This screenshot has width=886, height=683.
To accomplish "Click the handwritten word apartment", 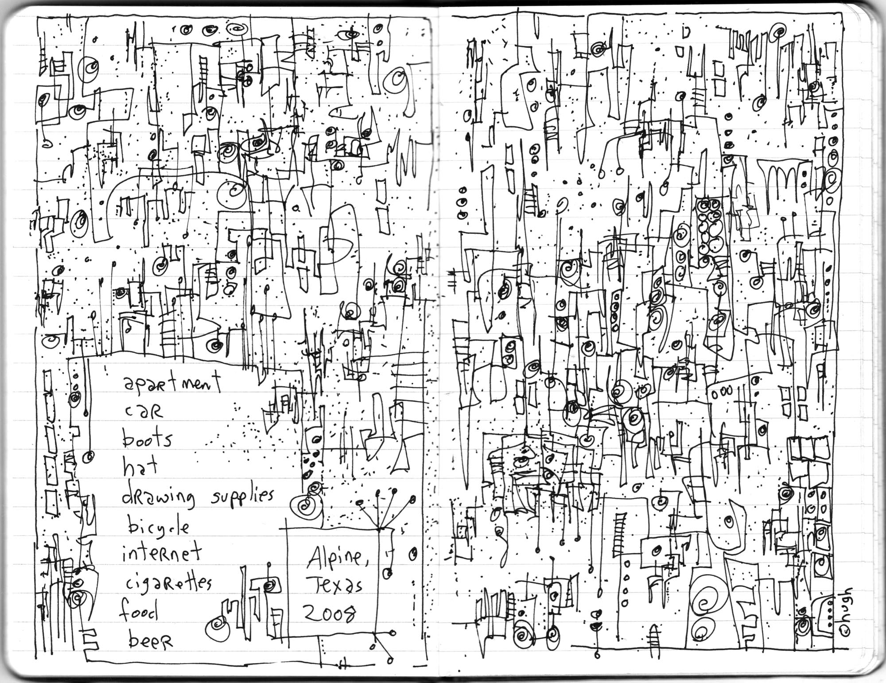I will click(x=172, y=383).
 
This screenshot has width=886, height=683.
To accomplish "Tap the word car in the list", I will click(x=144, y=412).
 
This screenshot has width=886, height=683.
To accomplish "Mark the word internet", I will click(x=162, y=554).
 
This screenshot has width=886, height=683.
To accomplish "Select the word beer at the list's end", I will click(x=150, y=641).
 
